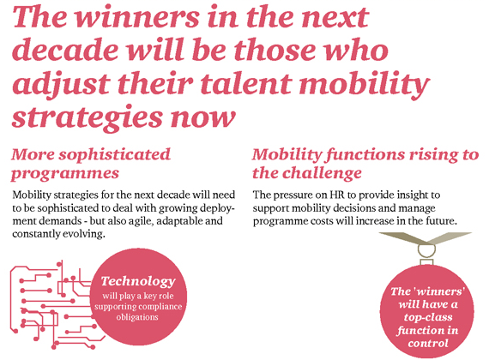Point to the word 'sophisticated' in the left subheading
pyautogui.click(x=115, y=155)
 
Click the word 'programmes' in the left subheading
pyautogui.click(x=65, y=173)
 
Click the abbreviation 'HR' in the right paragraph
pyautogui.click(x=337, y=195)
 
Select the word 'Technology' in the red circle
pyautogui.click(x=138, y=281)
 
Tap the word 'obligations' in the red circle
pyautogui.click(x=137, y=317)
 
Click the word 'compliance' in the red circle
pyautogui.click(x=160, y=307)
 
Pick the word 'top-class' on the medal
pyautogui.click(x=428, y=317)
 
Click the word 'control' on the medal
pyautogui.click(x=428, y=343)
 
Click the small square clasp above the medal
pyautogui.click(x=427, y=262)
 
